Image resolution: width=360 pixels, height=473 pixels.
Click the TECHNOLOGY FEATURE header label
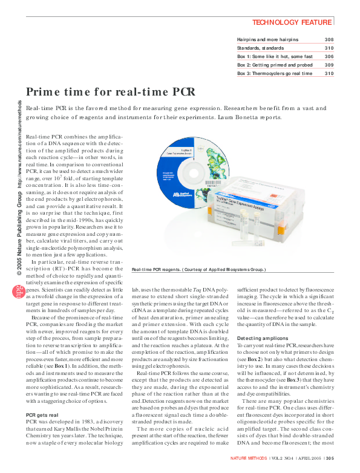tap(292, 22)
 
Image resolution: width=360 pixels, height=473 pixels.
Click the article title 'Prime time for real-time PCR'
tap(111, 92)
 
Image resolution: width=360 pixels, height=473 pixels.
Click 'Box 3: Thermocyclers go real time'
tap(274, 73)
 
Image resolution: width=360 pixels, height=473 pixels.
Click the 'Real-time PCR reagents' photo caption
tap(198, 285)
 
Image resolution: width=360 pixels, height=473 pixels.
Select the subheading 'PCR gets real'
tap(42, 415)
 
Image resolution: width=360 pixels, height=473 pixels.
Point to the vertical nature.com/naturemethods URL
tap(20, 136)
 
